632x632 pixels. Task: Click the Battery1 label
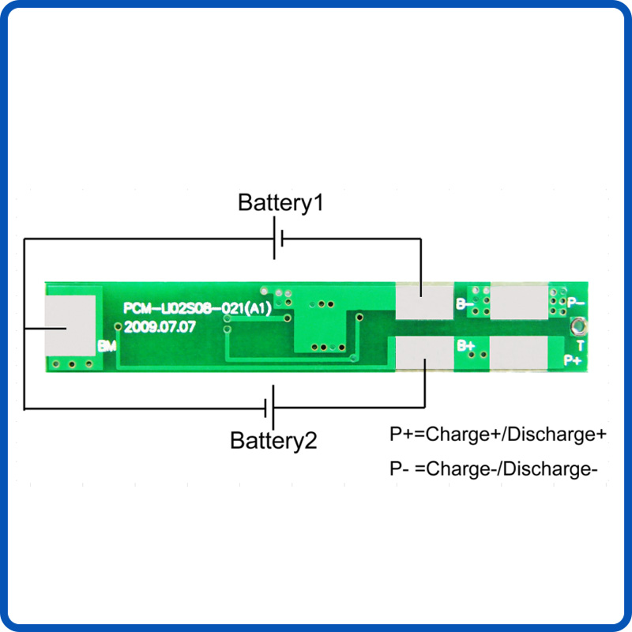[x=280, y=202]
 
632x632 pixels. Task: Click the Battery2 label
[x=273, y=440]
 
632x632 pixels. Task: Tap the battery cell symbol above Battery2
[x=269, y=408]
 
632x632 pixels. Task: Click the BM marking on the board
[x=107, y=346]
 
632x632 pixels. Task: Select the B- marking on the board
[x=465, y=303]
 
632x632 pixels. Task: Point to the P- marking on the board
[x=575, y=301]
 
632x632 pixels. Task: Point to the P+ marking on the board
[x=573, y=359]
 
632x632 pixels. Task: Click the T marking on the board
[x=581, y=344]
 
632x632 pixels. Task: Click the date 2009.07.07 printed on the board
[x=159, y=325]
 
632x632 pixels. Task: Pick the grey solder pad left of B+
[x=424, y=353]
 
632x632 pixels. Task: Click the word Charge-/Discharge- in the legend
[x=511, y=468]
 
